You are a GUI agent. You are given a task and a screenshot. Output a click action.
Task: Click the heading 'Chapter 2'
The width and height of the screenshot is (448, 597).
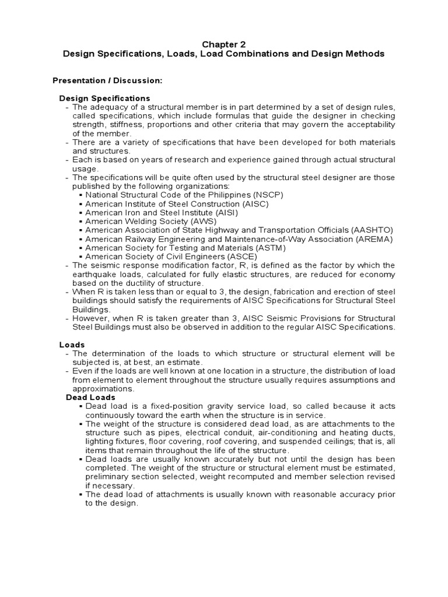tap(224, 44)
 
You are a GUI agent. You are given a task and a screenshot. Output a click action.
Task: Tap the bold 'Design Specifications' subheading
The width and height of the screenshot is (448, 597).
tap(105, 98)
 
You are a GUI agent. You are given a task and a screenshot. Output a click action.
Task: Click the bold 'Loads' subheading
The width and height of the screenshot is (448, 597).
tap(72, 345)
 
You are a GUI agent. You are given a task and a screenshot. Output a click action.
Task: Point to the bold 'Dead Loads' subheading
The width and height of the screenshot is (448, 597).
tap(90, 397)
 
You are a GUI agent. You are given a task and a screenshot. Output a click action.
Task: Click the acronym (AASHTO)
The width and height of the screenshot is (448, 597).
tap(370, 230)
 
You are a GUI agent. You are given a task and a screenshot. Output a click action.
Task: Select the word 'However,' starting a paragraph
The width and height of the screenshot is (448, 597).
tap(89, 318)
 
